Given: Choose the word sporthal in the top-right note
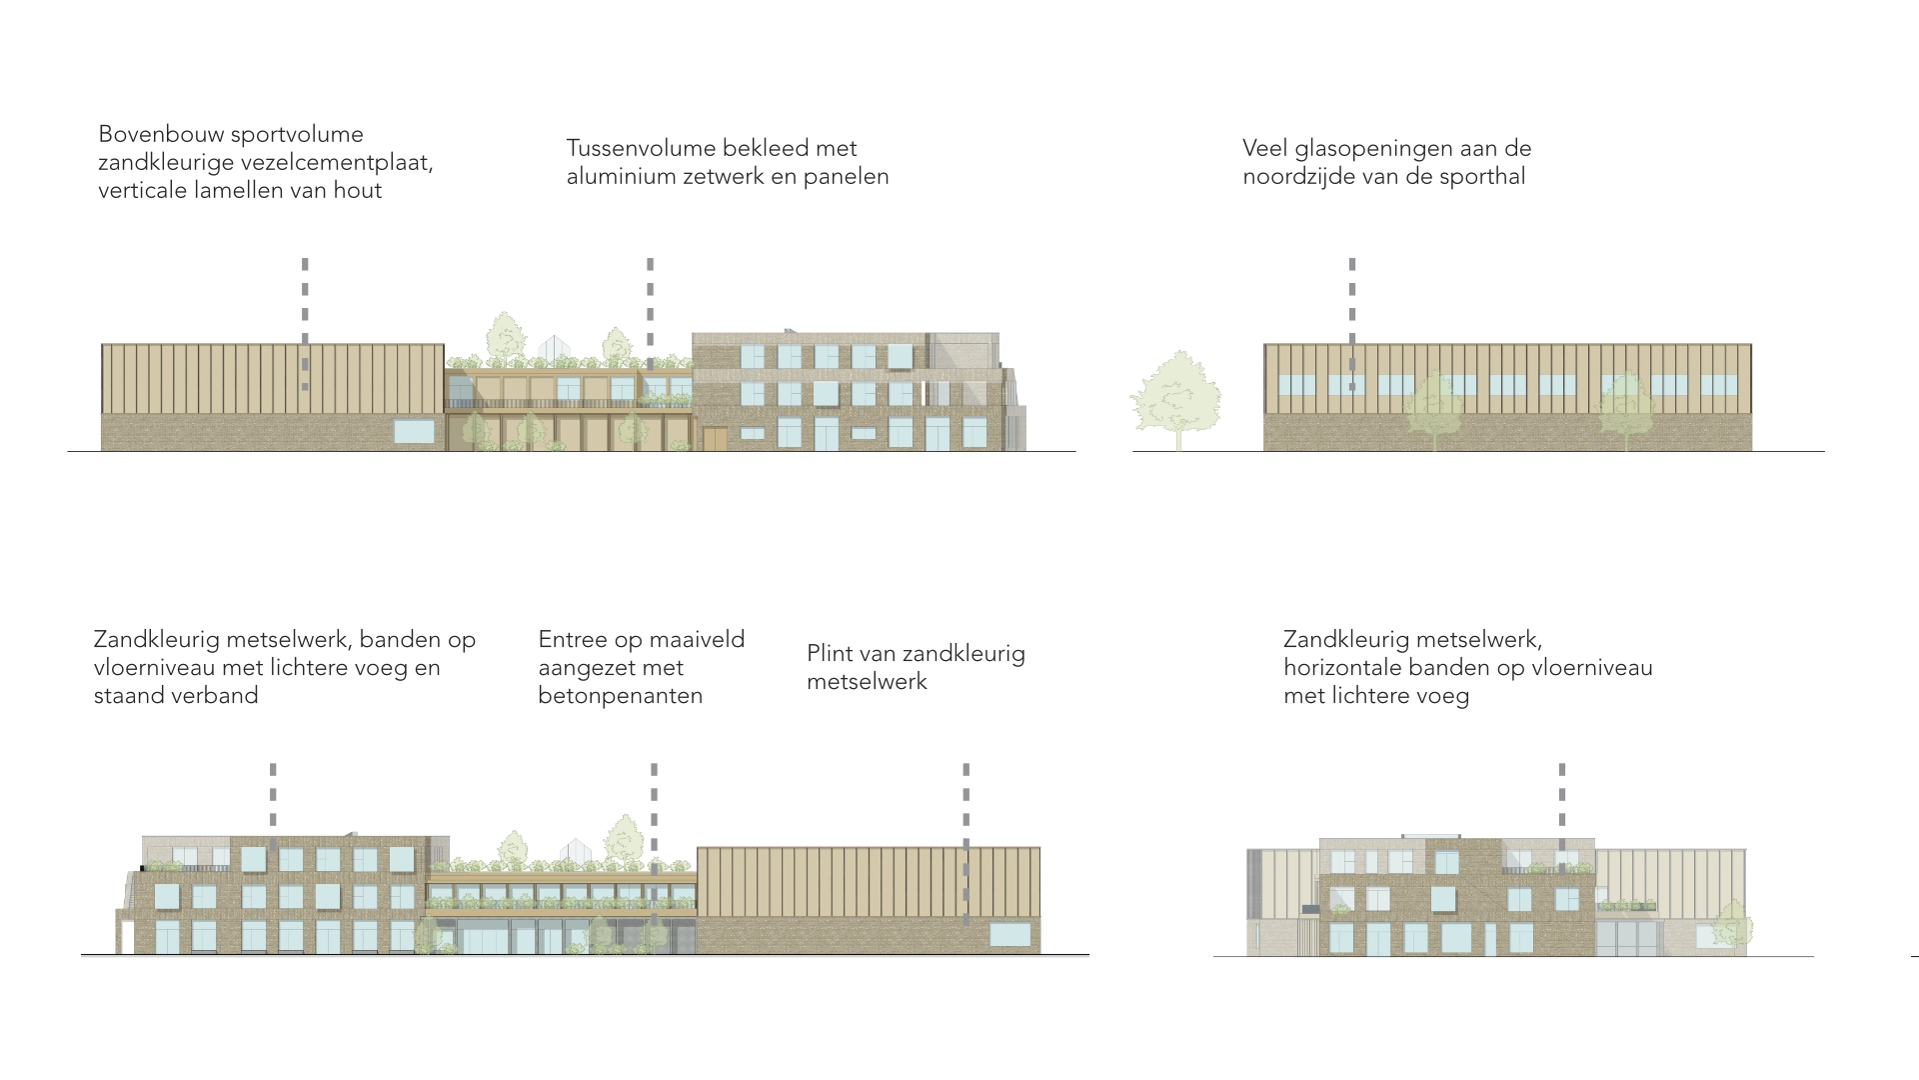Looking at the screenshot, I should tap(1484, 176).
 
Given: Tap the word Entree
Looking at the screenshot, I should tap(575, 640).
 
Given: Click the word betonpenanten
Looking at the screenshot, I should tap(620, 696).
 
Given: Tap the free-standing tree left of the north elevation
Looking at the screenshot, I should tap(1175, 397).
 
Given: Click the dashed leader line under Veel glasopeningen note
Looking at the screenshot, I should tap(1352, 320).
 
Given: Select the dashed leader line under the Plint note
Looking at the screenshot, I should tap(965, 840).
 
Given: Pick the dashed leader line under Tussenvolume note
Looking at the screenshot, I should tap(650, 310).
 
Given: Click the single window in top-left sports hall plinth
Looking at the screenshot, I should tap(414, 431).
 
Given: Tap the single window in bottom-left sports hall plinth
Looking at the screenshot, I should tap(1009, 934).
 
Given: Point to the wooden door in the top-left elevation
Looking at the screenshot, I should tap(716, 438).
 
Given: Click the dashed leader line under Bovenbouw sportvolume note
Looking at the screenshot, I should tap(305, 320).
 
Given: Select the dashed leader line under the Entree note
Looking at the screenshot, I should tap(654, 840).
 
